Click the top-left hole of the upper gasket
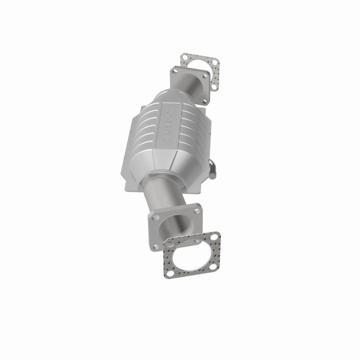click(184, 57)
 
